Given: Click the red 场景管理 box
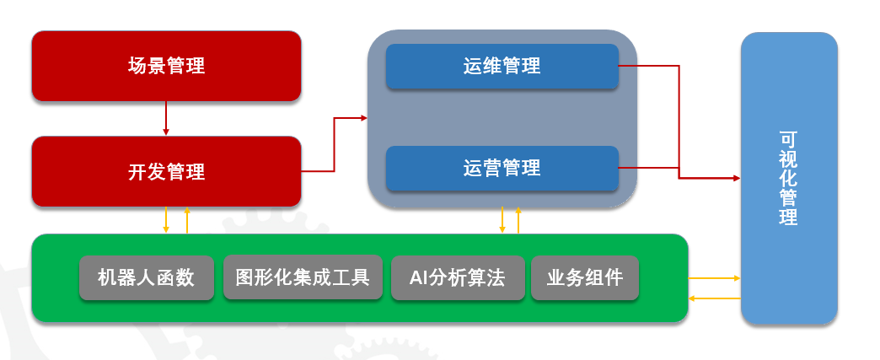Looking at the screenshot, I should [x=166, y=66].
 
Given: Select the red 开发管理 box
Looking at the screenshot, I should [x=166, y=171].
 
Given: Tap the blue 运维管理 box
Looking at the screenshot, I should [x=502, y=66].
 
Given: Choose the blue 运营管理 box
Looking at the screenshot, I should [x=502, y=169].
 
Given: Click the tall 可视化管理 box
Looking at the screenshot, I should [x=789, y=178].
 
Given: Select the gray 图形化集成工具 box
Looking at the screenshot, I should [x=303, y=277].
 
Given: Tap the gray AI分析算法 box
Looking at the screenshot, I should [x=457, y=277].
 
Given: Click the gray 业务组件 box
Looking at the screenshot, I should [x=584, y=277].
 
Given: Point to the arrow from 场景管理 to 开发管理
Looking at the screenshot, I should [x=166, y=118].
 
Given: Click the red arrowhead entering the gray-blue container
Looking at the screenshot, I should [x=363, y=119].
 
